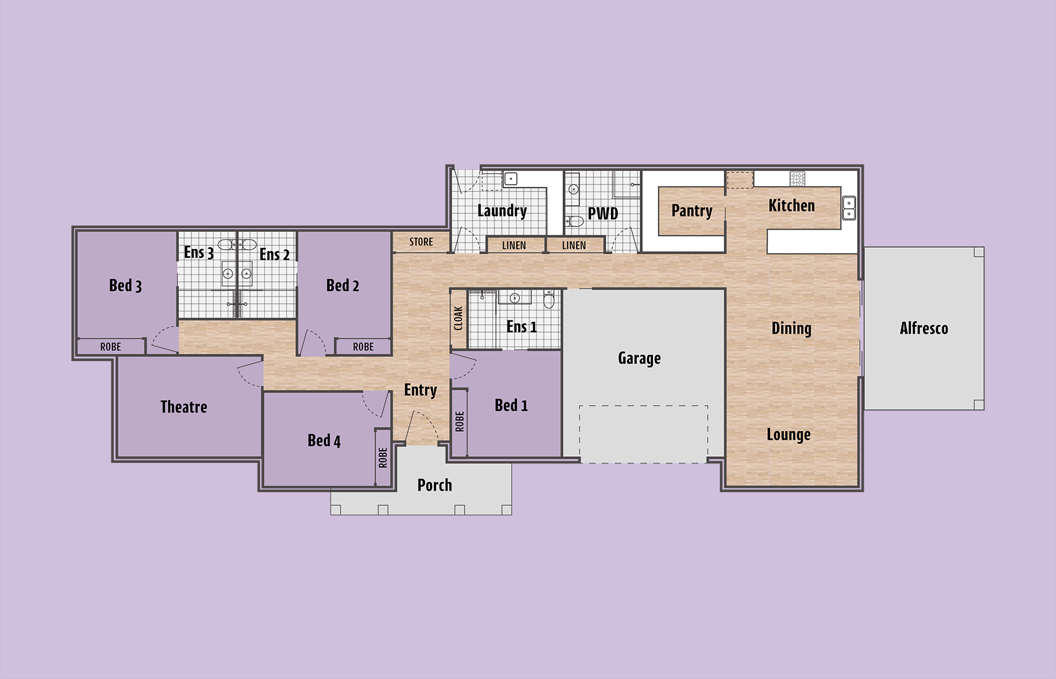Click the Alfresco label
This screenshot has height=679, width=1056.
(x=924, y=328)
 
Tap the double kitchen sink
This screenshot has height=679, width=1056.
(x=849, y=208)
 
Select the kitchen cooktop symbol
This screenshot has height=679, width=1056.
(x=797, y=178)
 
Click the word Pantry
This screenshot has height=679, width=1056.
(x=692, y=211)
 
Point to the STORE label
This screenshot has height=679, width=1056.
(x=421, y=242)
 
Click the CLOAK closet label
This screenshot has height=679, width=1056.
(x=458, y=319)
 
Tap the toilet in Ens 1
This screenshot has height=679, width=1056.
(x=549, y=299)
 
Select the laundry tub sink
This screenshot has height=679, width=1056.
(x=511, y=178)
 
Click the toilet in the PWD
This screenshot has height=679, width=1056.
(x=574, y=221)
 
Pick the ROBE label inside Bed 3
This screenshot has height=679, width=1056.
(x=111, y=347)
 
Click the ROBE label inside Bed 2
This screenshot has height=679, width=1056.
(x=363, y=347)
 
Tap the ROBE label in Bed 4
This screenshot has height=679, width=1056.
(x=383, y=457)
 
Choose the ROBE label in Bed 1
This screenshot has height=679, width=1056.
(x=459, y=422)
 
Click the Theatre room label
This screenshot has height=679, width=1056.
(x=184, y=407)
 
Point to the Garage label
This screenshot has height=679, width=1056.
(x=639, y=358)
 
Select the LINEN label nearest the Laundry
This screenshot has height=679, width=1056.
(x=514, y=245)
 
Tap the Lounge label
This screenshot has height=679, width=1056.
(x=788, y=435)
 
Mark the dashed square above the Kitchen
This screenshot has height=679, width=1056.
(x=740, y=180)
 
